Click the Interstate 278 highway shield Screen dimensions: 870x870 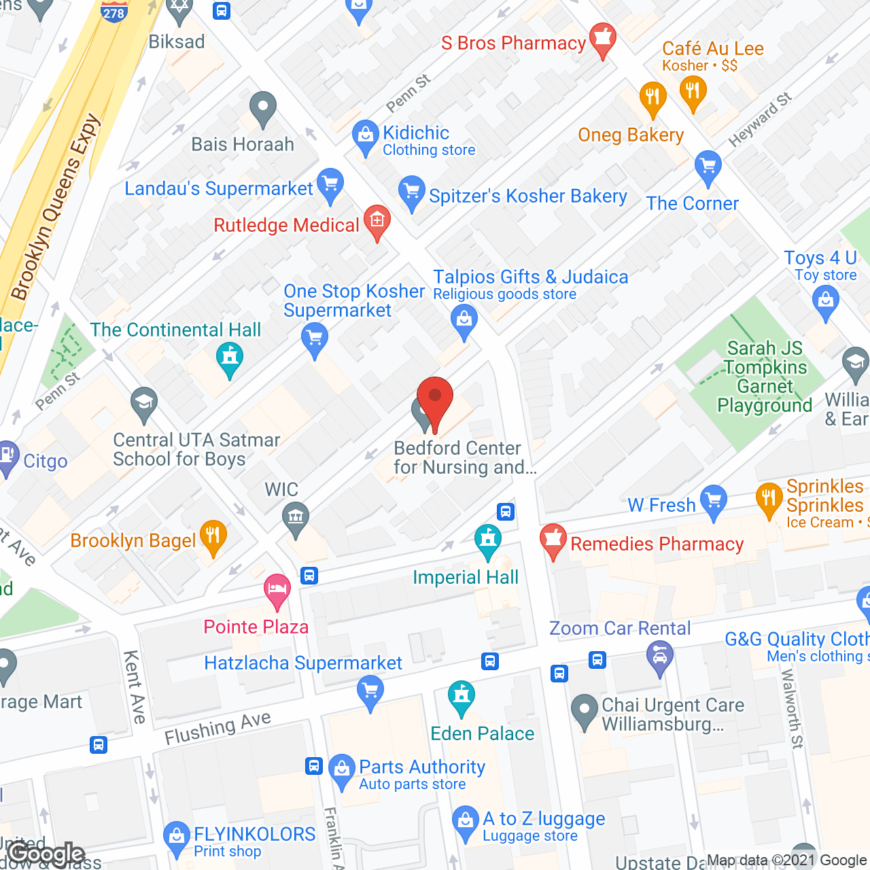point(114,11)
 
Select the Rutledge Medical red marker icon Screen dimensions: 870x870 point(377,221)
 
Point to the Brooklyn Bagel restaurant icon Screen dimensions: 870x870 point(213,537)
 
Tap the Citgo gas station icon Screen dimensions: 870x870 point(7,457)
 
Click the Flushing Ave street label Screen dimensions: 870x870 point(217,728)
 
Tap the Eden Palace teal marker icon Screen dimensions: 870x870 point(462,697)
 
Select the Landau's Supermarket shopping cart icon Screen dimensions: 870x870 point(330,184)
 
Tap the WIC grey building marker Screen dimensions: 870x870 point(296,519)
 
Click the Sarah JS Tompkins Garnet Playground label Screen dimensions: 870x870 point(765,377)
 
